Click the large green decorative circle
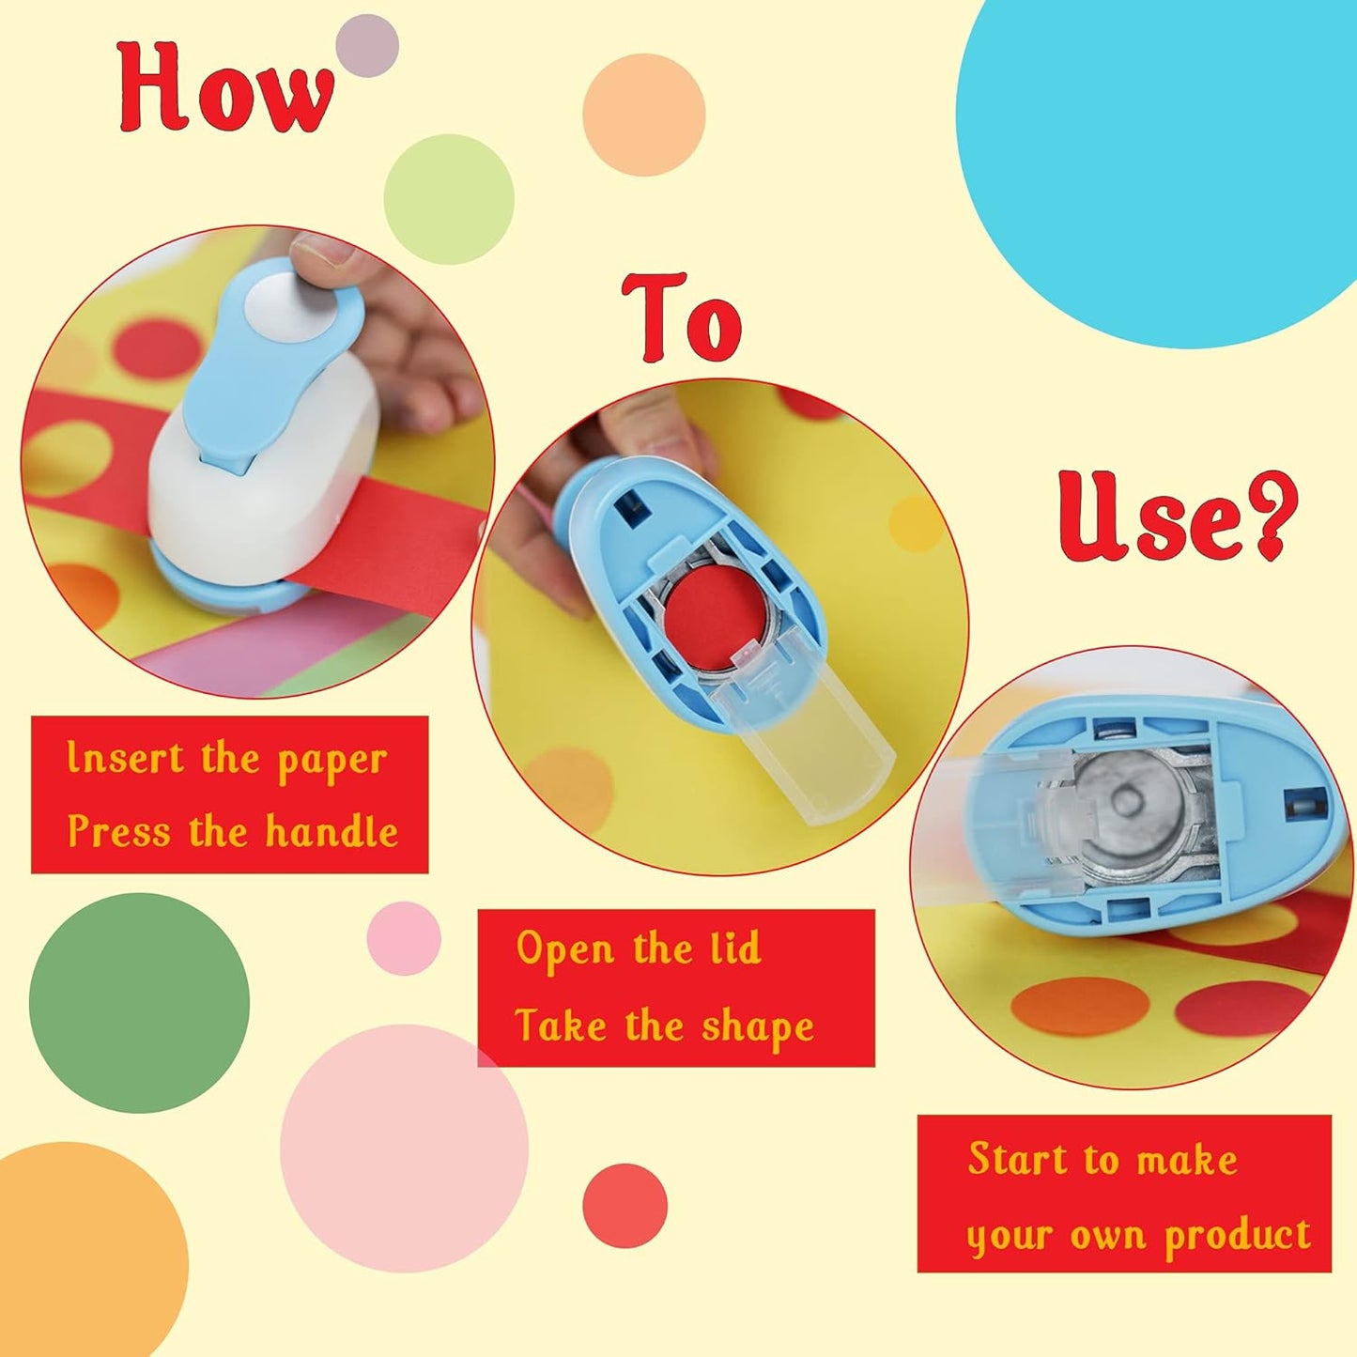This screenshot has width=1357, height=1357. click(x=139, y=1003)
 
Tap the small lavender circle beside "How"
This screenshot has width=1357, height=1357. click(x=366, y=45)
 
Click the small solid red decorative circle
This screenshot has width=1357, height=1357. click(x=625, y=1206)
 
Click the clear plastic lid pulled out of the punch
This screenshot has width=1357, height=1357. click(x=817, y=751)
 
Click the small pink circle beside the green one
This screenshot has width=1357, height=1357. click(x=403, y=938)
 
